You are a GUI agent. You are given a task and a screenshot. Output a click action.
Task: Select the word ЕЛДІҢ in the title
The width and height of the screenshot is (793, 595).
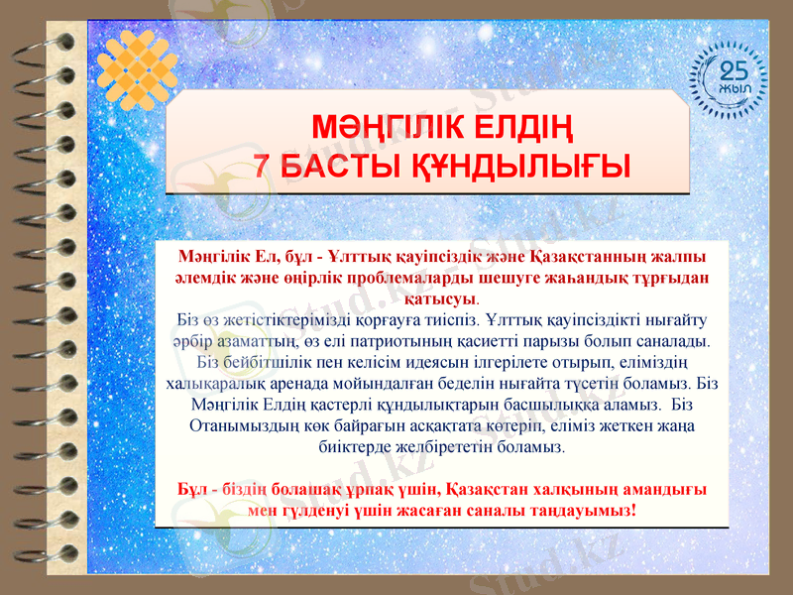click(516, 129)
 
